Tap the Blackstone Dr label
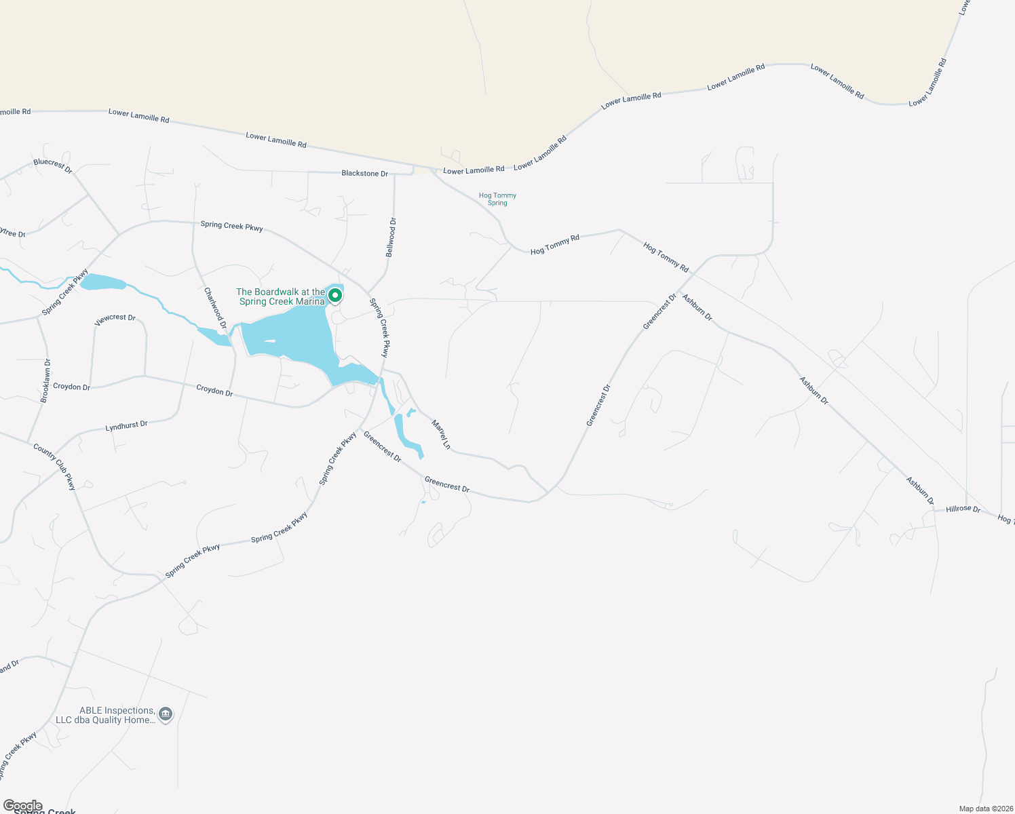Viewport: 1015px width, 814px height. click(364, 174)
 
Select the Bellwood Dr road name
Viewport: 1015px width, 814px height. click(391, 237)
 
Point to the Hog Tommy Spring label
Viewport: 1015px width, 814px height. click(497, 199)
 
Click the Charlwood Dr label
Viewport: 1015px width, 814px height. click(215, 309)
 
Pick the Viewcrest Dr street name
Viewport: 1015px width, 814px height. click(115, 319)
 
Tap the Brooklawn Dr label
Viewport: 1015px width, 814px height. click(45, 381)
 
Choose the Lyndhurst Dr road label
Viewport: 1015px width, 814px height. click(126, 426)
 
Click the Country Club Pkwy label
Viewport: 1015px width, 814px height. click(54, 466)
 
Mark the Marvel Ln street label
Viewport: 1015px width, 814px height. click(441, 434)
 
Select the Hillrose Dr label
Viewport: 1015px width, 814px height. click(963, 509)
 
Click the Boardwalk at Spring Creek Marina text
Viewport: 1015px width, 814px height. click(281, 296)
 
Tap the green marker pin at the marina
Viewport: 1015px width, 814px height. click(334, 295)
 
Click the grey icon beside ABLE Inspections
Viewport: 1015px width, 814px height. click(166, 714)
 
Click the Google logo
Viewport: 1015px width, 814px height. click(22, 806)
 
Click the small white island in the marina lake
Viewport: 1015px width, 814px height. click(269, 341)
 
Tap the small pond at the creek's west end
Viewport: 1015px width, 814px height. click(102, 282)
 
